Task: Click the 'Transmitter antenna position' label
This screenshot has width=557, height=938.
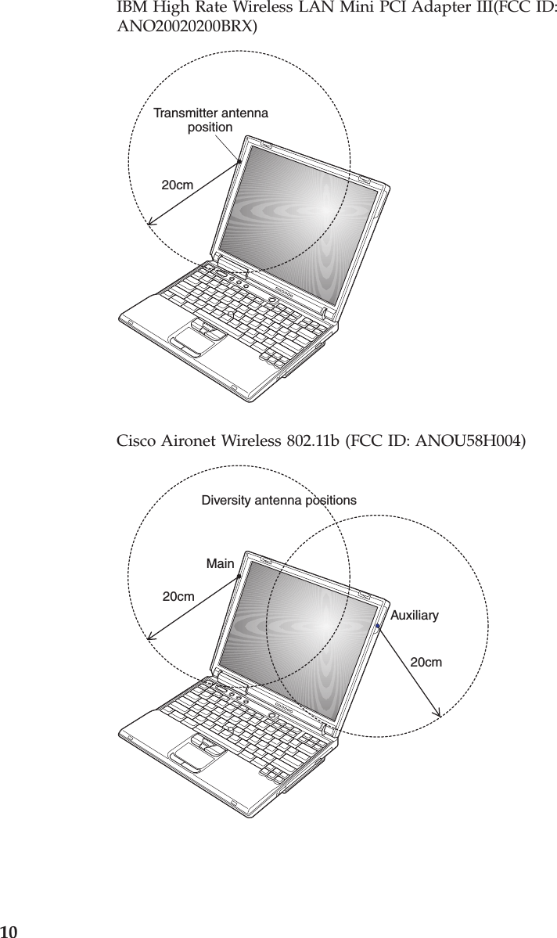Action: click(210, 120)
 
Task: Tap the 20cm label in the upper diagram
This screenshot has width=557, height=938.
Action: click(178, 185)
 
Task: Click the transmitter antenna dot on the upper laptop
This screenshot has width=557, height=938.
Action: click(239, 162)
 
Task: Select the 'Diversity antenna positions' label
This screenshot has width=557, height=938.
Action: click(278, 499)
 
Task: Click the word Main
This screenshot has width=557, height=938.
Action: click(220, 563)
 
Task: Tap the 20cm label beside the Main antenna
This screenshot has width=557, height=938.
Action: click(178, 597)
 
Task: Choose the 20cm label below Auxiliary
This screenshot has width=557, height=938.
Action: click(426, 663)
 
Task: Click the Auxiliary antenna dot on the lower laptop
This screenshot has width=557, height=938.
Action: click(377, 627)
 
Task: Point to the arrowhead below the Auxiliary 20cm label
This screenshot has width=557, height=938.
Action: click(439, 713)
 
